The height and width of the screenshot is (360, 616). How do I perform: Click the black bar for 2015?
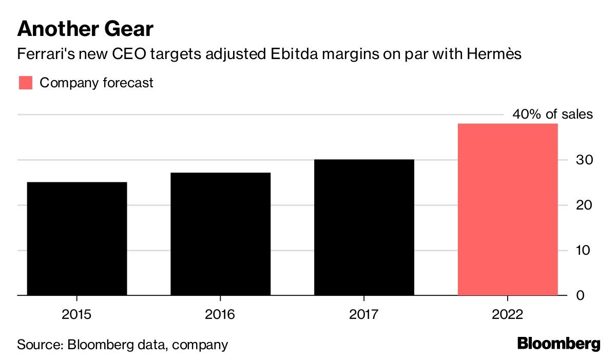tap(77, 239)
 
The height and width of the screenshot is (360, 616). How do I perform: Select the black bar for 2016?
tap(221, 234)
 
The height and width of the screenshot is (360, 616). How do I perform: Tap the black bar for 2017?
tap(364, 228)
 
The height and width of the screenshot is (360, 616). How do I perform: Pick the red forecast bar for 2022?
tap(508, 210)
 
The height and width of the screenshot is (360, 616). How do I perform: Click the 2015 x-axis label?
tap(76, 314)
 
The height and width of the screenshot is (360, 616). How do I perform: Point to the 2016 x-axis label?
tap(220, 314)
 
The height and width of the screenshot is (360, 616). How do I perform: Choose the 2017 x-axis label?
tap(363, 314)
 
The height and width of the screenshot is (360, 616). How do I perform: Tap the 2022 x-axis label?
tap(507, 314)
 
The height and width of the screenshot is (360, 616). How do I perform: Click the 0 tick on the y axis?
tap(580, 295)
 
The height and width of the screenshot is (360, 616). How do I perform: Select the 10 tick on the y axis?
tap(583, 250)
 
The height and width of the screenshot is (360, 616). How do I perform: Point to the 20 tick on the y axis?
tap(584, 205)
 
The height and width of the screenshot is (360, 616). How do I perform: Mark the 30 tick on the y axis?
tap(584, 160)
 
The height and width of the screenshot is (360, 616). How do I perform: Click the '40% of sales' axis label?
tap(552, 114)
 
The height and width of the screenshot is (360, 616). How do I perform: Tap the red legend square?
tap(26, 83)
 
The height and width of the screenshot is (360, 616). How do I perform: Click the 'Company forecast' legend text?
tap(97, 83)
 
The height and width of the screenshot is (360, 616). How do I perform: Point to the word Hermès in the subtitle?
tap(494, 53)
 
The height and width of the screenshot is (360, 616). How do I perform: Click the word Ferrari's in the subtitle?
tap(46, 53)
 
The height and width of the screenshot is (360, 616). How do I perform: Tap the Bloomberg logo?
tap(559, 344)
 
